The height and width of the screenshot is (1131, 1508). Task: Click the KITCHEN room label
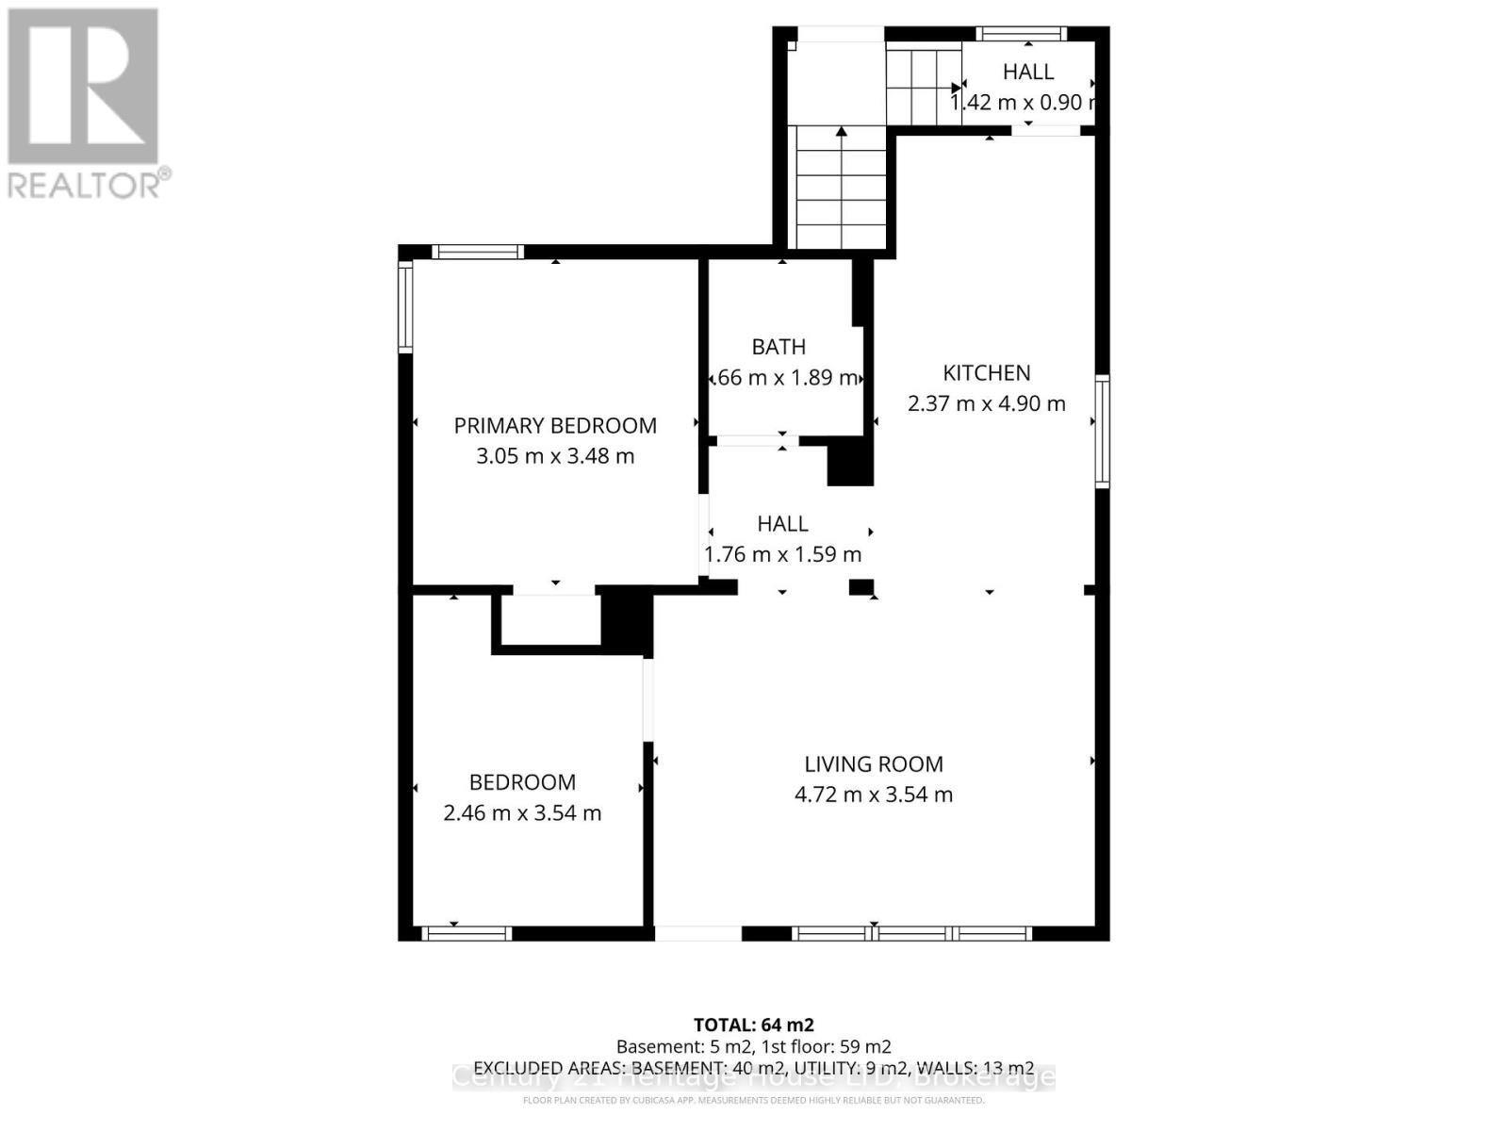987,372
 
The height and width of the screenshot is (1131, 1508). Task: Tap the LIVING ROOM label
874,763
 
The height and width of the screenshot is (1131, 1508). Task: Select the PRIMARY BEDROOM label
555,425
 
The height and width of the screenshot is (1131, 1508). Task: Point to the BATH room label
779,347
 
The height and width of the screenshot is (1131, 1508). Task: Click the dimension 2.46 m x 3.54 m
522,812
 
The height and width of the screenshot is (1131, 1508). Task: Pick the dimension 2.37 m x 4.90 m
987,403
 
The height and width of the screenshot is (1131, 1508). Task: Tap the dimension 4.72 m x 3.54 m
874,795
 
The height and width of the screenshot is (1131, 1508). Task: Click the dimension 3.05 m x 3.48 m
555,456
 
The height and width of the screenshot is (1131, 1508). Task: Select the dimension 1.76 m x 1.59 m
783,554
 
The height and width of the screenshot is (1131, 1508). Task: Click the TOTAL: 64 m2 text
753,1024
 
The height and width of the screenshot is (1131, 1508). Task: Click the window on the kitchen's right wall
1102,431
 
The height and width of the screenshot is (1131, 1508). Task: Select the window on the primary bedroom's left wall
405,307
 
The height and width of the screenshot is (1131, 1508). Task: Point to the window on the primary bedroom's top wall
477,252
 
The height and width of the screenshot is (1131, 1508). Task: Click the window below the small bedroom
466,933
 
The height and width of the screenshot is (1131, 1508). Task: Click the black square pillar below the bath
849,465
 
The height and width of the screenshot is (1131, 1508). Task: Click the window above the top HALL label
1021,34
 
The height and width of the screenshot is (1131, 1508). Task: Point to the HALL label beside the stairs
1028,72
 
